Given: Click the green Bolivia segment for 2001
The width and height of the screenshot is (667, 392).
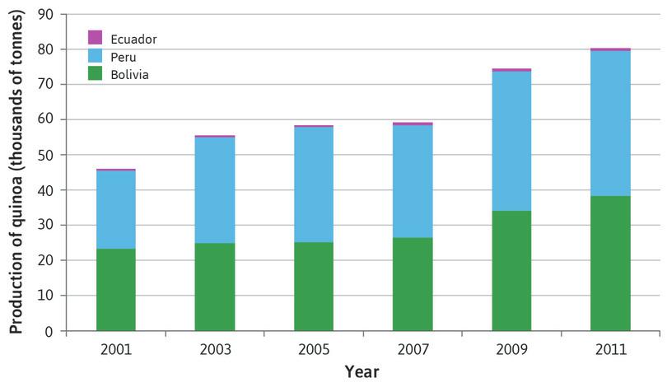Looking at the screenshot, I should point(116,290).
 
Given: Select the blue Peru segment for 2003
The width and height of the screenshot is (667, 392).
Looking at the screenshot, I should point(215,189).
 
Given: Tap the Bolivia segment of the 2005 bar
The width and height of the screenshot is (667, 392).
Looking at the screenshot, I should point(314,287).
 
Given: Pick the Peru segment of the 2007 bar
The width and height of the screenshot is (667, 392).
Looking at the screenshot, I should point(413,181).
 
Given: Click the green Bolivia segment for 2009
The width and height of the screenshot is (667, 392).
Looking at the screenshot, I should point(511,271).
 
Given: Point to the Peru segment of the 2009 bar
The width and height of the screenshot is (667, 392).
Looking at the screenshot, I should point(511,141).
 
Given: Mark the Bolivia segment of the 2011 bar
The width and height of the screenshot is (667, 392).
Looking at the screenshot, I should point(610,264).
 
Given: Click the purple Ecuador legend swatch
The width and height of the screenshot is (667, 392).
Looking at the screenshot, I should point(96,38).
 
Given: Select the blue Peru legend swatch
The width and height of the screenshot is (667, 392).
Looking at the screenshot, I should point(96,56).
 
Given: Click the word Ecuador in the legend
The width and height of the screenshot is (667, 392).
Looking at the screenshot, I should point(133,39).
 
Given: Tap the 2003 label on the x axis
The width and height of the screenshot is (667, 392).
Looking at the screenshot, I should point(215,349).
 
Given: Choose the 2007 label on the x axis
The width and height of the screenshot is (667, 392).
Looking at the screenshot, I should point(413,349).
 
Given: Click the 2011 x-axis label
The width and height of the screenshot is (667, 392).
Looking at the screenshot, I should point(610,349).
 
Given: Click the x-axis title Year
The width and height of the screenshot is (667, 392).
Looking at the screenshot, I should point(361,371).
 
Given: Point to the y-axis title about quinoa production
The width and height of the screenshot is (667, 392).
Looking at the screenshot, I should point(16,172).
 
